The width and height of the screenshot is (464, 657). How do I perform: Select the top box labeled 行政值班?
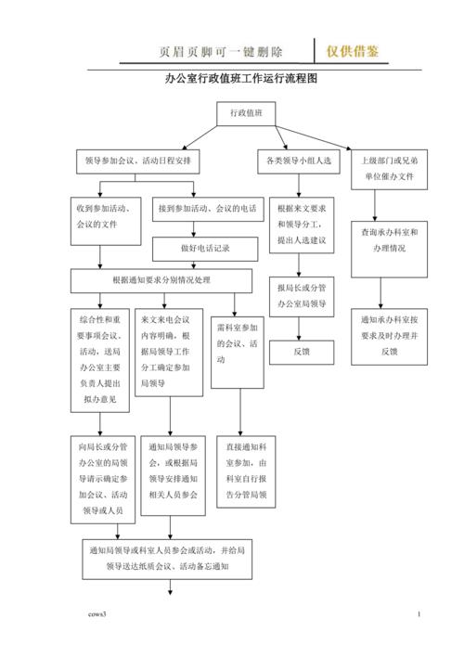(246, 114)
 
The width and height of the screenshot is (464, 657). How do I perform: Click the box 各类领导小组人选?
(299, 161)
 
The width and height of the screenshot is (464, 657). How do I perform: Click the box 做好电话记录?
(206, 249)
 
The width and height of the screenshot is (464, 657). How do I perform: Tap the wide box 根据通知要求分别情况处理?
(162, 279)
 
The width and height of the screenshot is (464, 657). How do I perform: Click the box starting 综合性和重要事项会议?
(98, 359)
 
